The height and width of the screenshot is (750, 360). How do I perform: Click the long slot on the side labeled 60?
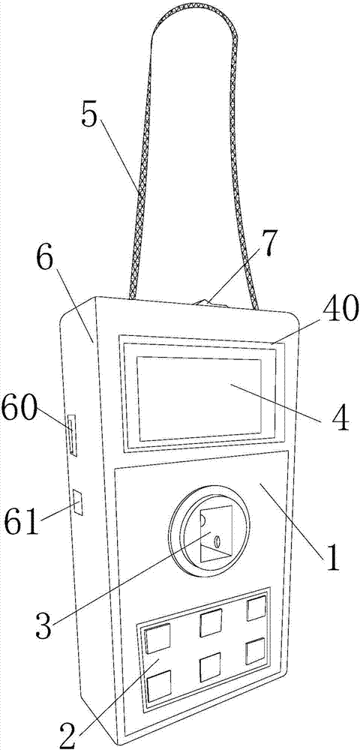tap(73, 435)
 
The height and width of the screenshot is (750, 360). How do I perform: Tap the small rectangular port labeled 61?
tap(77, 502)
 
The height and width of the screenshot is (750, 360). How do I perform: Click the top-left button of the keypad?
tap(157, 640)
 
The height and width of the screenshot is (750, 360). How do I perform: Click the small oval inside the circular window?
tap(217, 541)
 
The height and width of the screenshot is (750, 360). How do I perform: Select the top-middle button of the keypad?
tap(211, 624)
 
